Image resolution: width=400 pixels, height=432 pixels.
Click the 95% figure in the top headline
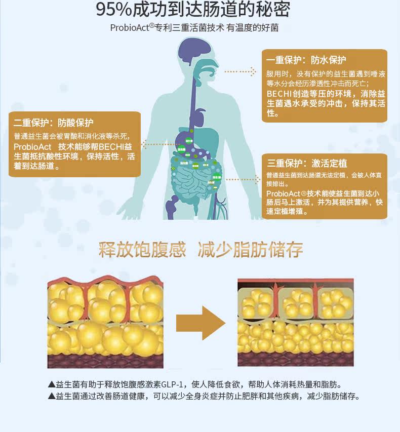pyautogui.click(x=114, y=10)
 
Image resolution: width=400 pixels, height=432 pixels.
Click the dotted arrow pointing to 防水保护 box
pyautogui.click(x=241, y=72)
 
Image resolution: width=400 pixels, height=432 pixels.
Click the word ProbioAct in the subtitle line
pyautogui.click(x=129, y=27)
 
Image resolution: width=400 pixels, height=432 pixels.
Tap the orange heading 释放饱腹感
pyautogui.click(x=142, y=250)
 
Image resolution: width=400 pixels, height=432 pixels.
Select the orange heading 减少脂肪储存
pyautogui.click(x=251, y=250)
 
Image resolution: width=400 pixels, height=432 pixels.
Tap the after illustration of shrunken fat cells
pyautogui.click(x=295, y=323)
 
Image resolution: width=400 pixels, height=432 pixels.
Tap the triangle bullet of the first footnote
pyautogui.click(x=51, y=384)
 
